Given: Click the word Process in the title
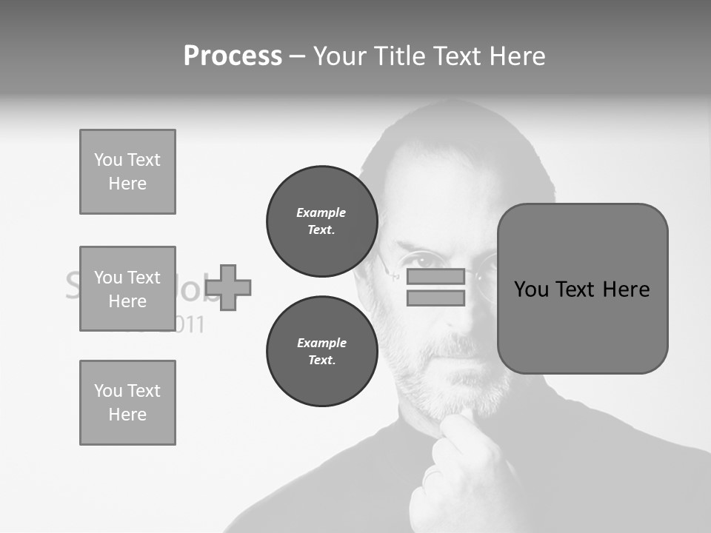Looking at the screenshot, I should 233,56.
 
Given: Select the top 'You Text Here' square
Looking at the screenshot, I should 127,172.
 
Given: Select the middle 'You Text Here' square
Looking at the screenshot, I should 127,289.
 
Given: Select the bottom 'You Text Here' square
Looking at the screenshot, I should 127,403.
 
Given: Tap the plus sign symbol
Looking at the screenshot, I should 228,287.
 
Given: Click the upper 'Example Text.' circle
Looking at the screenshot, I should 321,221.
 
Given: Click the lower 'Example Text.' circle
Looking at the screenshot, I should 321,352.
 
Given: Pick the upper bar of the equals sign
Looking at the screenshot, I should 435,277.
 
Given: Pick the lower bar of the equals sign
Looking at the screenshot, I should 435,298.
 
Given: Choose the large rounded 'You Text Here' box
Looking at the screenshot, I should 582,289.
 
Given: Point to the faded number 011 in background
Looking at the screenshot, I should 189,324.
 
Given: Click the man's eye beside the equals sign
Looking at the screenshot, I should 423,261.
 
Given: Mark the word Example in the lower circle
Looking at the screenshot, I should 321,343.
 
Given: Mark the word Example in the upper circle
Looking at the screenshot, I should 321,212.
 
